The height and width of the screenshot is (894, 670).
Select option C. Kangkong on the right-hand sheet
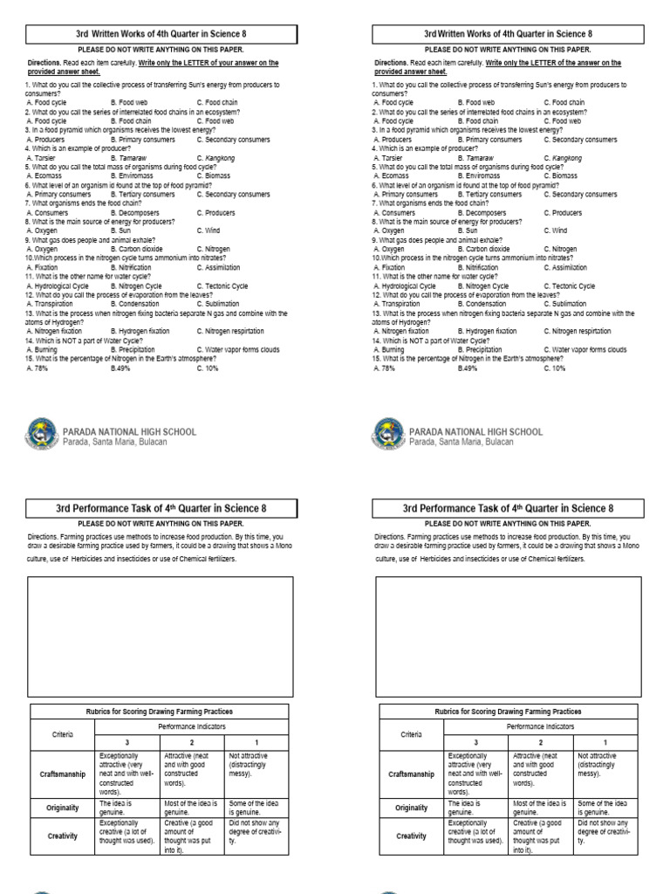tap(564, 158)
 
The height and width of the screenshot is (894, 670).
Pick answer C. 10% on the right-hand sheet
tap(554, 368)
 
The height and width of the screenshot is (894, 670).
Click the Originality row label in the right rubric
tap(412, 808)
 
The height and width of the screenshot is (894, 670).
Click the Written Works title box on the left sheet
tap(162, 34)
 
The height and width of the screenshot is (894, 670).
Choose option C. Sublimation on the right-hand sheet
tap(568, 304)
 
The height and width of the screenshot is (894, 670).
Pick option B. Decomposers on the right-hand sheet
tap(485, 212)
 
